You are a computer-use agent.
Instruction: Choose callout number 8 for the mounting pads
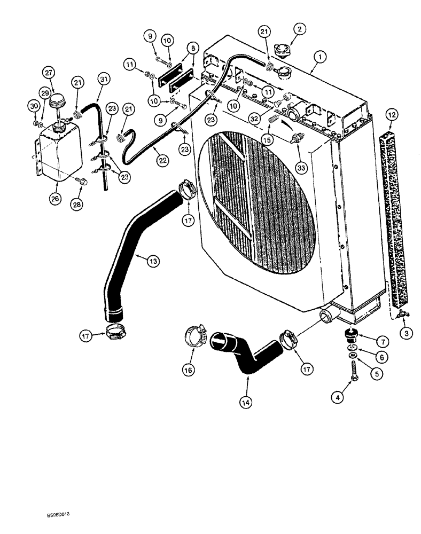tap(192, 48)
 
